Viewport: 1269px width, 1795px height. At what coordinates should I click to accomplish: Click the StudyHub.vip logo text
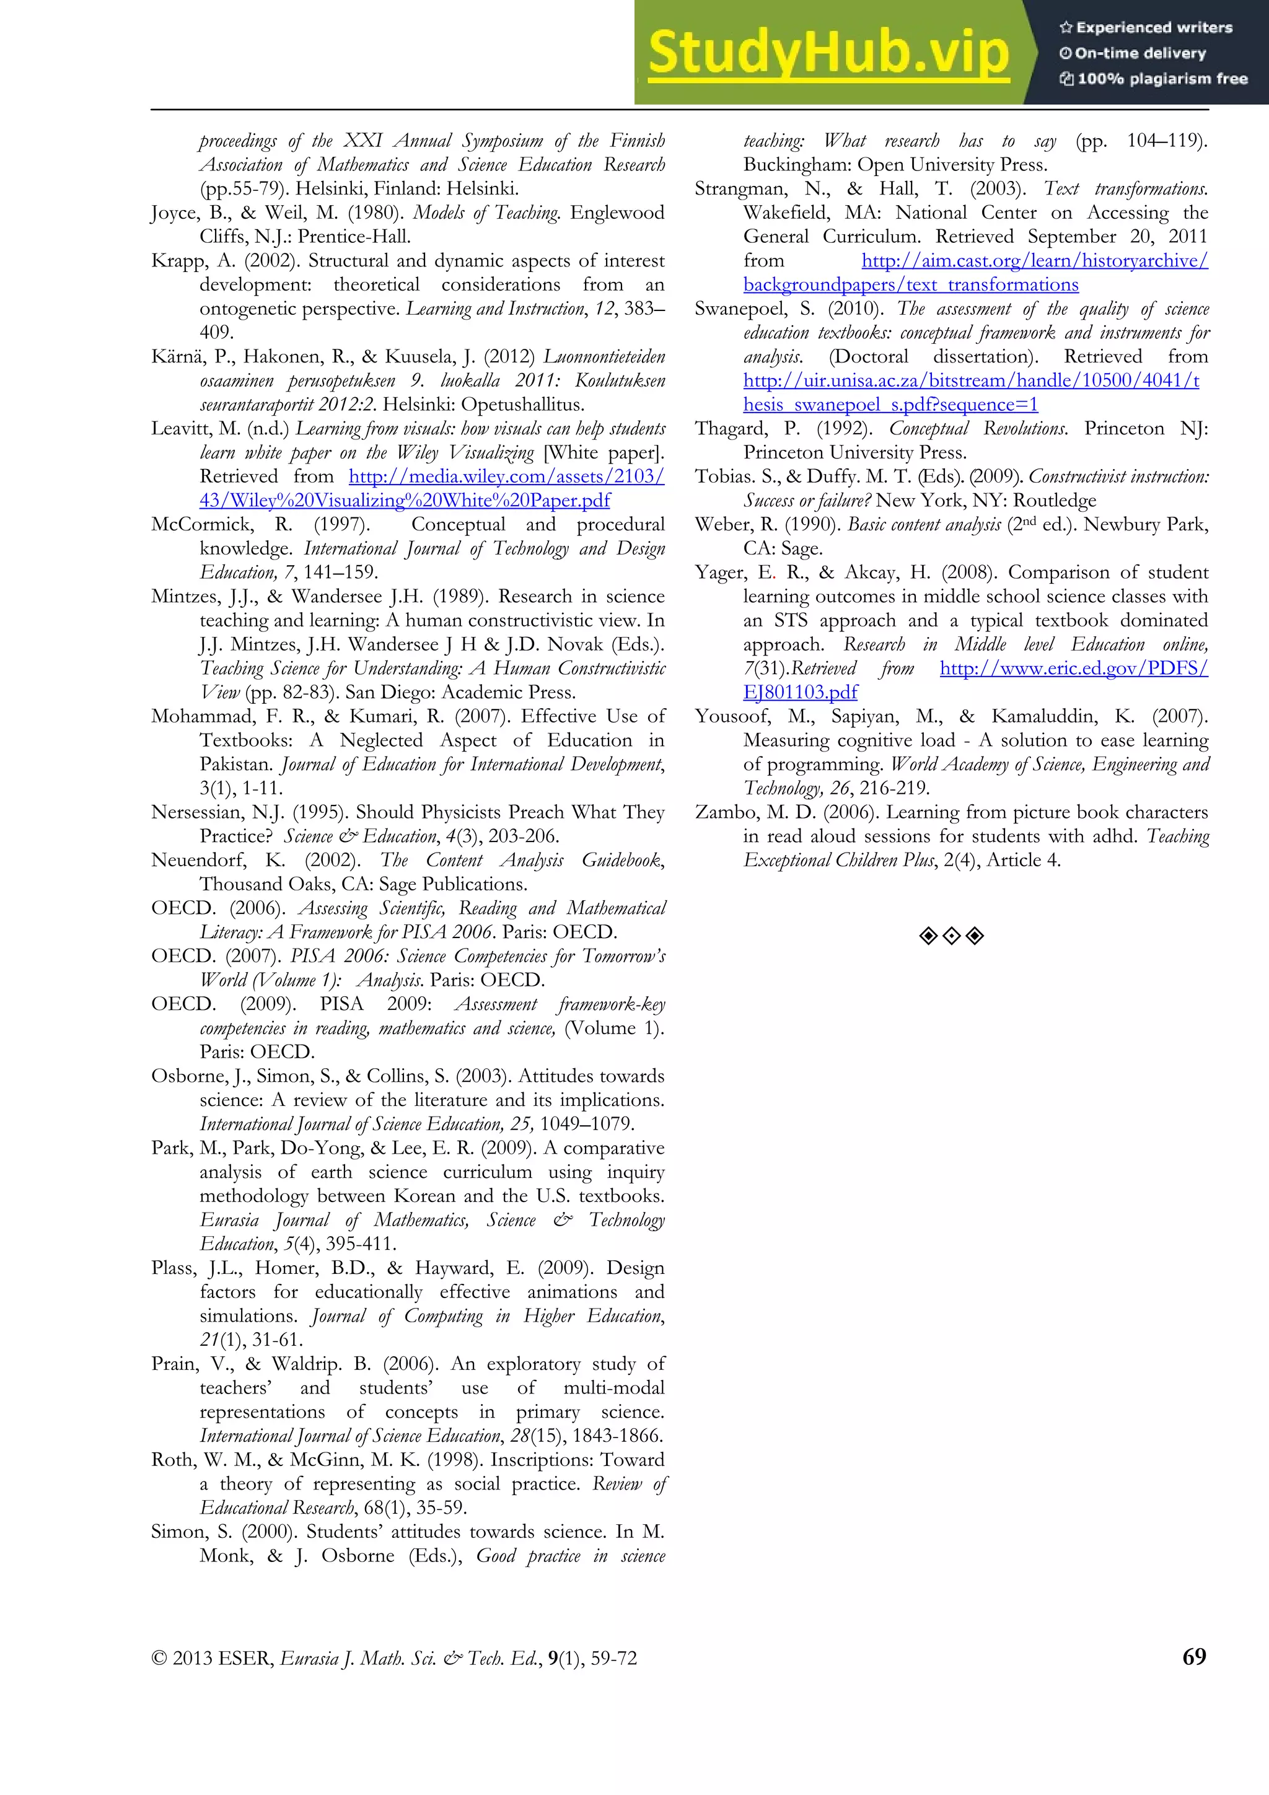click(829, 53)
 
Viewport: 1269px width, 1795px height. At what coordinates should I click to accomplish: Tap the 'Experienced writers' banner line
click(1146, 27)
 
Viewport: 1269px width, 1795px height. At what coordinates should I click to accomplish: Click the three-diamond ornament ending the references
click(951, 936)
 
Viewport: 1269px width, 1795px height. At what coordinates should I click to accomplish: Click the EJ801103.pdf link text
click(800, 692)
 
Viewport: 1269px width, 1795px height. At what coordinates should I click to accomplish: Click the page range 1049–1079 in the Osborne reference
click(586, 1123)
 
